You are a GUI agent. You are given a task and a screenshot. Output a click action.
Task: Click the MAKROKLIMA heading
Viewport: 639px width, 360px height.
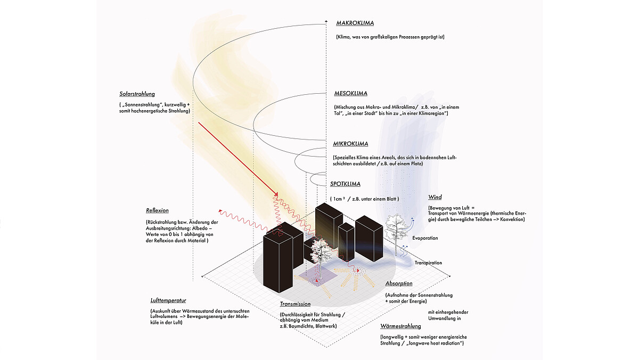[x=355, y=23]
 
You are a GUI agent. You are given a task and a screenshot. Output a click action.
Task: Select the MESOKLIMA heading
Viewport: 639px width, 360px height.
[x=350, y=94]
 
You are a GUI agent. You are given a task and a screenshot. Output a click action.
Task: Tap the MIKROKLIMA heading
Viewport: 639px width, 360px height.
[x=350, y=144]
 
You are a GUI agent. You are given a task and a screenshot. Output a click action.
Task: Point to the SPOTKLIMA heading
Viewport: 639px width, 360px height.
[x=345, y=184]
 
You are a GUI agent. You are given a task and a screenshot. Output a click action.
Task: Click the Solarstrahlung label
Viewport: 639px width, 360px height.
[x=137, y=94]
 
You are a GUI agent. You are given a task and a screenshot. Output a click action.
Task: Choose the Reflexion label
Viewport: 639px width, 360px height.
[x=157, y=210]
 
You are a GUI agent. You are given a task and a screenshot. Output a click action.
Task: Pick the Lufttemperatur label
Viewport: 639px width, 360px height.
[x=168, y=301]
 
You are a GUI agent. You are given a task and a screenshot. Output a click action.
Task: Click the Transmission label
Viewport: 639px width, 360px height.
[x=295, y=304]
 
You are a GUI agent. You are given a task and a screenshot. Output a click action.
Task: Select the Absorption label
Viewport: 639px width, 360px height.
[x=399, y=283]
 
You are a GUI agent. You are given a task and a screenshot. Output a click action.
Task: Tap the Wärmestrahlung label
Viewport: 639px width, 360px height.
[x=400, y=326]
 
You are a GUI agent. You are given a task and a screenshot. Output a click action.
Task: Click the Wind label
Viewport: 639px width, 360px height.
[x=435, y=198]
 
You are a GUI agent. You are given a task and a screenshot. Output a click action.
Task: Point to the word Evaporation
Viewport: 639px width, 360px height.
[x=425, y=238]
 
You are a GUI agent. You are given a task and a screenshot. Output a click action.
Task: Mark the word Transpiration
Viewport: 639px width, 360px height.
[x=428, y=263]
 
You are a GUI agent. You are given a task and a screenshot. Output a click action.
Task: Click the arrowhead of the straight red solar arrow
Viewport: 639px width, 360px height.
[x=276, y=195]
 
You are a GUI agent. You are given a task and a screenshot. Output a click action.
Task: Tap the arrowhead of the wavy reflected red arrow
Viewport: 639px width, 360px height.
[x=220, y=211]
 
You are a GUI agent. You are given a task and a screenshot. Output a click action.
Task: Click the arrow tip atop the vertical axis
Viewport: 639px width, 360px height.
[x=326, y=21]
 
